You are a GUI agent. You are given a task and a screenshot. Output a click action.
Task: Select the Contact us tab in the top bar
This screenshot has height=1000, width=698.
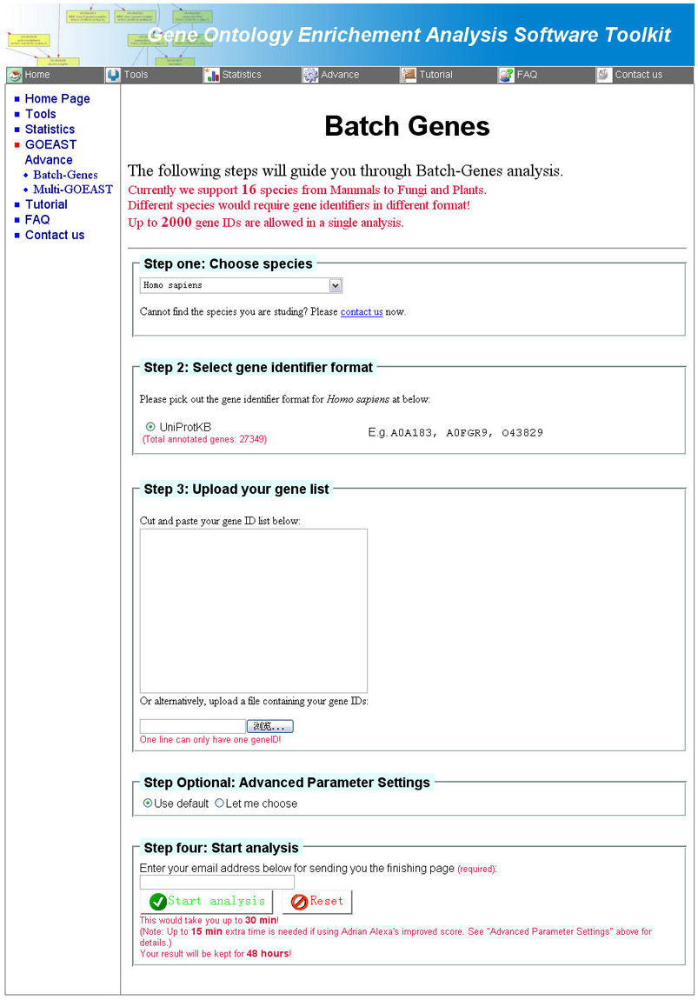click(x=637, y=75)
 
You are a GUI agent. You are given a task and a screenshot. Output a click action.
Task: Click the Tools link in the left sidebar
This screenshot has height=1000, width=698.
click(x=40, y=114)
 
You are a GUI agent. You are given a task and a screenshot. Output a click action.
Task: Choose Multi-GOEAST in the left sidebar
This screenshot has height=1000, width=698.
click(x=72, y=190)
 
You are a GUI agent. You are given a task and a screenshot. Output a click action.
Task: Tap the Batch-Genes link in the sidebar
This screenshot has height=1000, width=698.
click(x=65, y=175)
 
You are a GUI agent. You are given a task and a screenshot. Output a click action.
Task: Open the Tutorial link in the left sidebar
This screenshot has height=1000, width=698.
click(x=46, y=204)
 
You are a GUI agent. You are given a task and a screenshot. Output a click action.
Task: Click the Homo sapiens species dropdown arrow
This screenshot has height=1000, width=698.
click(x=336, y=285)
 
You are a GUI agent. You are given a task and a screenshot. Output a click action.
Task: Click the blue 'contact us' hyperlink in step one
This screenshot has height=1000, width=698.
click(x=362, y=311)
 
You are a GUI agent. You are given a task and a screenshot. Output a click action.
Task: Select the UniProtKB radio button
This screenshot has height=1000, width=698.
click(x=150, y=426)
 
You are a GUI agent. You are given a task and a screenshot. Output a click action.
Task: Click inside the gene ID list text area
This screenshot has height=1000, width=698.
click(x=253, y=610)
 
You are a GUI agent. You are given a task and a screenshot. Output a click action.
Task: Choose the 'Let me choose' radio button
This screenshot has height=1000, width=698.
click(x=220, y=803)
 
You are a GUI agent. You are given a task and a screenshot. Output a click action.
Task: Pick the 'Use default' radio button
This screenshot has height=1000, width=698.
click(x=149, y=803)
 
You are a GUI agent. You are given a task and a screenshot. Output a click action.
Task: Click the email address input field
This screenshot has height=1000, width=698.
click(x=217, y=882)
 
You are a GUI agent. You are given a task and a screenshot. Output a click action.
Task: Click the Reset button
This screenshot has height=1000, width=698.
click(x=317, y=902)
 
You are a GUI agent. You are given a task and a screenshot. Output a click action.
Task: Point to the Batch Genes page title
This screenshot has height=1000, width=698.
click(x=407, y=126)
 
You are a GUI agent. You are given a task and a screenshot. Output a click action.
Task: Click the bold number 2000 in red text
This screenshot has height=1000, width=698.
click(x=176, y=222)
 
